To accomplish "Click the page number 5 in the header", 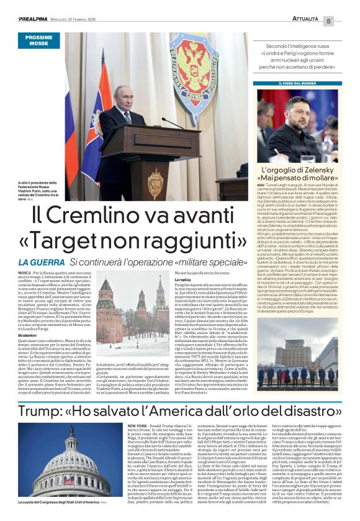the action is click(346, 21).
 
